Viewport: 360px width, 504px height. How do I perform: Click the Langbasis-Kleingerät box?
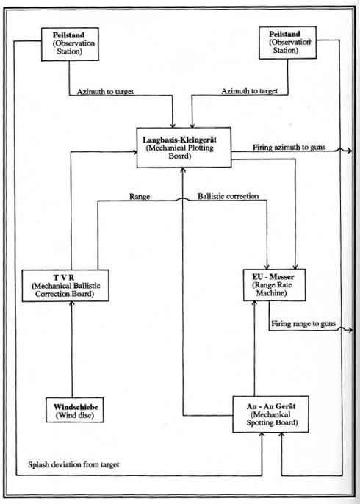184,148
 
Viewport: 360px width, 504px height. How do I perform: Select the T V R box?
65,285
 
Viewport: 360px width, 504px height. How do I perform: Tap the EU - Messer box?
274,285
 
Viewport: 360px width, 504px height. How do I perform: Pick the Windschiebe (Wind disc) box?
75,410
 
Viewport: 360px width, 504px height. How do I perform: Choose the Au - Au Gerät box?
270,414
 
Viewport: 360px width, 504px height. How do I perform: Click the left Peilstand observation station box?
70,44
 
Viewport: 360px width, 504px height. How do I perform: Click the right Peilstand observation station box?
288,43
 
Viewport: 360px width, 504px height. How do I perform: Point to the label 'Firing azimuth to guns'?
289,148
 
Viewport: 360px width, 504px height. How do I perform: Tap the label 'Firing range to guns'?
303,324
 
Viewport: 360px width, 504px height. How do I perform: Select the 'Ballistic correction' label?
228,196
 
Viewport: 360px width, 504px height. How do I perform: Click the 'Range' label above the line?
140,196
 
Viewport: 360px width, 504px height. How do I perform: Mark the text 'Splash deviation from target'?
73,464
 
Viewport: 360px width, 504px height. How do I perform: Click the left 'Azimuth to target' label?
105,92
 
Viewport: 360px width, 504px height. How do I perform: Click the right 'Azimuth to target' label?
250,91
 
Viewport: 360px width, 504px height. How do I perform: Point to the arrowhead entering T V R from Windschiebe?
72,304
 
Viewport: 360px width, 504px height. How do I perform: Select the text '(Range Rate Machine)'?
273,289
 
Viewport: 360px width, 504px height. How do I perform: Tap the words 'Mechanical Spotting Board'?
272,419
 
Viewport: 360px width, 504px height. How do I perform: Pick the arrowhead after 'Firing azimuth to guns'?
350,151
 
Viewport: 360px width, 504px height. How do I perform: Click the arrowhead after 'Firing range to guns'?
350,331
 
